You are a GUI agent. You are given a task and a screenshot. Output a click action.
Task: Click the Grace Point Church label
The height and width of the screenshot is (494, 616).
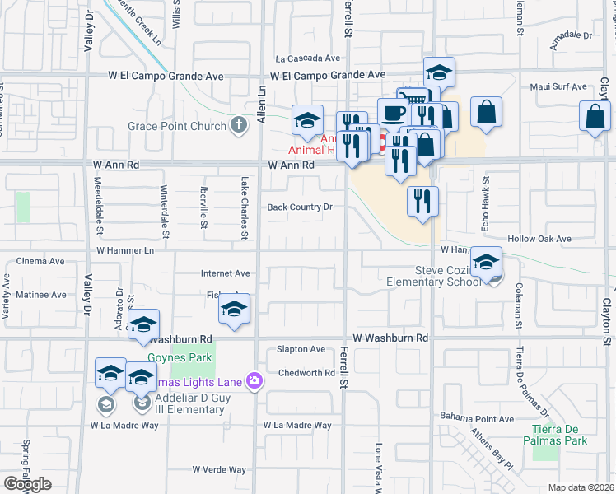tap(177, 126)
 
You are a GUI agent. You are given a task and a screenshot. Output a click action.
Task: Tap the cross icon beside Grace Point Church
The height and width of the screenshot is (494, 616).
tap(239, 126)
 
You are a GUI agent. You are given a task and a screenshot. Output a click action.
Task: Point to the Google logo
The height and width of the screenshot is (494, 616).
tap(27, 484)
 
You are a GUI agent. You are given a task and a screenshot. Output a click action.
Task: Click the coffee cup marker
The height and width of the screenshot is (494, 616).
tap(393, 112)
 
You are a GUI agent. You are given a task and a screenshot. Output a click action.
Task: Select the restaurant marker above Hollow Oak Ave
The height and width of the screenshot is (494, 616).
tap(422, 200)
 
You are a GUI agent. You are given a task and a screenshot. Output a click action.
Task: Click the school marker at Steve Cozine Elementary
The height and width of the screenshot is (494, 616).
tap(487, 263)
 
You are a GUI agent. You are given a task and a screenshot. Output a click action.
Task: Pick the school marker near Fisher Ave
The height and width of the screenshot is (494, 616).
tap(234, 309)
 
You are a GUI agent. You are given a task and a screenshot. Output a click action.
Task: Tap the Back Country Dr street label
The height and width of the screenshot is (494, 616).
tap(300, 207)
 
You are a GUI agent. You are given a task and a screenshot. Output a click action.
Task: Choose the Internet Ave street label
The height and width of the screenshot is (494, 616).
tap(226, 273)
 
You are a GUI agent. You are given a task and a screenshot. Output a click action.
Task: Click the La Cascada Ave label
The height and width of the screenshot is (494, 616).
tap(308, 58)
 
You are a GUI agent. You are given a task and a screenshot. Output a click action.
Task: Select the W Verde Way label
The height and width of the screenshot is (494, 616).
tap(219, 470)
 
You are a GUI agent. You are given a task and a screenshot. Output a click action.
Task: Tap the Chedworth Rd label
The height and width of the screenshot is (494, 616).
tap(306, 373)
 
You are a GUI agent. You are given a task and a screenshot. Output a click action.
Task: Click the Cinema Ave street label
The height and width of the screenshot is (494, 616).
tap(40, 261)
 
